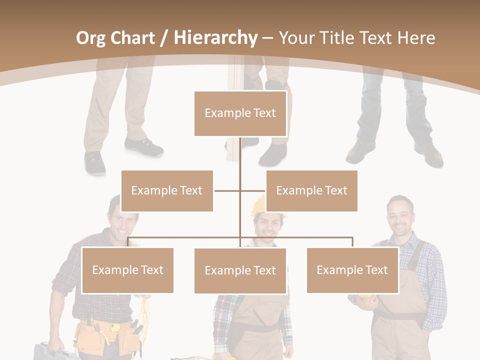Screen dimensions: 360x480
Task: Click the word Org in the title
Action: [x=90, y=38]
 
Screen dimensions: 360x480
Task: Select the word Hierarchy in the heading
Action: [x=215, y=38]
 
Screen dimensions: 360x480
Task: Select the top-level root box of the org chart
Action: [x=240, y=113]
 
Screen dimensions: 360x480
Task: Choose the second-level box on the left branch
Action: [x=167, y=190]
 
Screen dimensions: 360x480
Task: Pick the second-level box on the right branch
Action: [x=311, y=190]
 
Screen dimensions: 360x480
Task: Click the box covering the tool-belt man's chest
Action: [x=127, y=270]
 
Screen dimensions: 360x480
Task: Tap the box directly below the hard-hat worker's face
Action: [x=240, y=270]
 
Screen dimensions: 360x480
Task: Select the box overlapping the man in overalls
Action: [x=352, y=270]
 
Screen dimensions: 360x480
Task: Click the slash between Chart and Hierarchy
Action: [x=164, y=38]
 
